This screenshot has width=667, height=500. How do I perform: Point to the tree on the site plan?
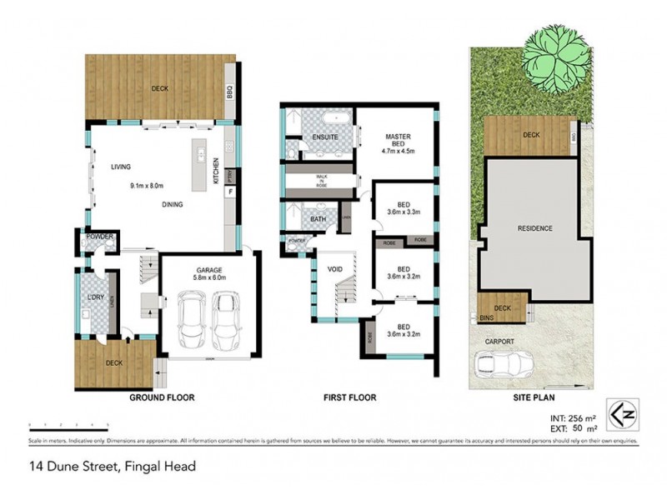548,58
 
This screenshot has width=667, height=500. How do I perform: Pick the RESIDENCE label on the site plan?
534,227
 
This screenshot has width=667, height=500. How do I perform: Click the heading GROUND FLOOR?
162,398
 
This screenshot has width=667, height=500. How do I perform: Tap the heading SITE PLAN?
534,398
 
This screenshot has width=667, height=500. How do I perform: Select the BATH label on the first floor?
317,220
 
